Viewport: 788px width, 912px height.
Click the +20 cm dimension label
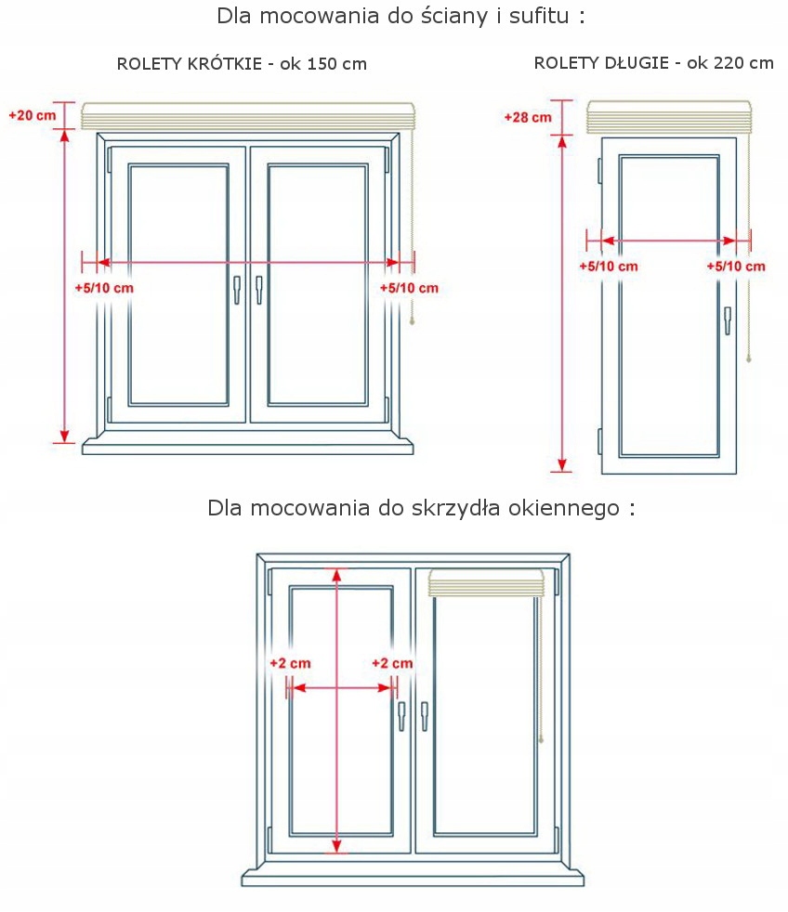point(32,116)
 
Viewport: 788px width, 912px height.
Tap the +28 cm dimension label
point(527,117)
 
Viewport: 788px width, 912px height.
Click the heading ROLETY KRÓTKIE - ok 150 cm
point(242,64)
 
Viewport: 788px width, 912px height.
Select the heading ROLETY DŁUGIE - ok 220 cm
point(653,63)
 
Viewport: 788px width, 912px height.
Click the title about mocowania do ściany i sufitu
point(401,17)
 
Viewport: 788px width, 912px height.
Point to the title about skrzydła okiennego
point(421,508)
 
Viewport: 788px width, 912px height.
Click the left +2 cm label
point(289,663)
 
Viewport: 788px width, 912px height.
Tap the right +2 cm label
point(392,663)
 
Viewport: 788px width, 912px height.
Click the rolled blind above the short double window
point(247,116)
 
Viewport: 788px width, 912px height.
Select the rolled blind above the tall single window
point(669,119)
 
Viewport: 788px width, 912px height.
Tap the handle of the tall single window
point(729,319)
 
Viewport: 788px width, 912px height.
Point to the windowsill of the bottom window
point(413,876)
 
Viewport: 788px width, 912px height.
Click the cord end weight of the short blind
point(411,320)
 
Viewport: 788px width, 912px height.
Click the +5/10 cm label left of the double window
point(104,288)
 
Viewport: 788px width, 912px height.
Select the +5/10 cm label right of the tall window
point(736,267)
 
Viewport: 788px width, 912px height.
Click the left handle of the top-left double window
point(237,289)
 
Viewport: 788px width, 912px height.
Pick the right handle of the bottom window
point(425,715)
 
